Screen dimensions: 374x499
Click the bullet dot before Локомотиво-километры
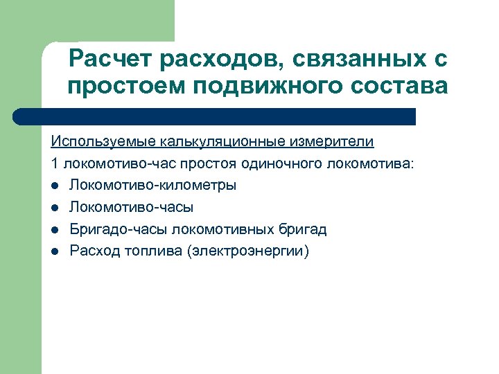55,186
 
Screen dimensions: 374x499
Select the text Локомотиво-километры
152,186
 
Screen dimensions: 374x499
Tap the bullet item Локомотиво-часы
131,207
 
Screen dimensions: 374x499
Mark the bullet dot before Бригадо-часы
55,229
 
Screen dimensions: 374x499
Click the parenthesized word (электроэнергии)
248,251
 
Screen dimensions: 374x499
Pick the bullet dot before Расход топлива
55,251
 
